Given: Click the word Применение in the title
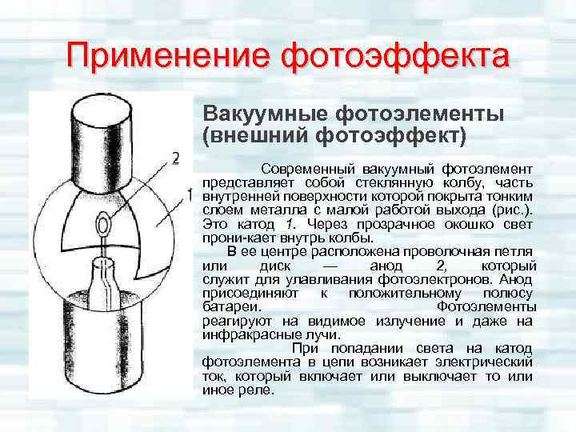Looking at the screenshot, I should click(x=168, y=57).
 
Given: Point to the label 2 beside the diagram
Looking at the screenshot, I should click(x=176, y=156).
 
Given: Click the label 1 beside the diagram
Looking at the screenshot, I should click(x=190, y=194).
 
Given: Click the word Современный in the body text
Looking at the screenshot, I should click(x=309, y=170).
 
